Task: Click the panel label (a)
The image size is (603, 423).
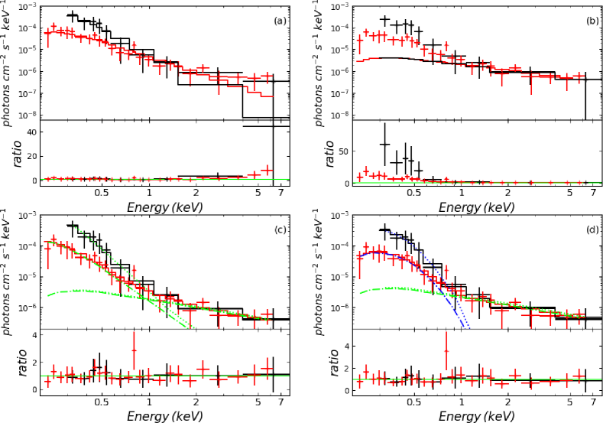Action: click(x=279, y=21)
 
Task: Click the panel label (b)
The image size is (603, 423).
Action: click(x=592, y=21)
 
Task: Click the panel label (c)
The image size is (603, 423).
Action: click(x=279, y=229)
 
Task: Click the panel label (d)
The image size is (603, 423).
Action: click(x=592, y=229)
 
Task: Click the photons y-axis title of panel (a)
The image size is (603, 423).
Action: click(x=7, y=61)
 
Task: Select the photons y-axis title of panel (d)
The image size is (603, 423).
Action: click(x=320, y=272)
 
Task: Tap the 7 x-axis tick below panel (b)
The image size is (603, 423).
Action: click(x=595, y=193)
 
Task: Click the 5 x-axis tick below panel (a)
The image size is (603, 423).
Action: click(x=258, y=193)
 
